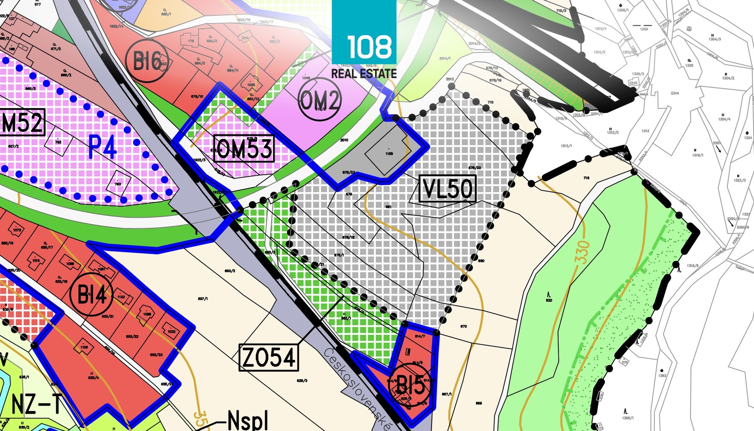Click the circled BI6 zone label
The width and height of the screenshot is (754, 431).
click(147, 61)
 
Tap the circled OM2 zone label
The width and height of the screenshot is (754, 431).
click(319, 99)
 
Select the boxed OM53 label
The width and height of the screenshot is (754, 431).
click(244, 149)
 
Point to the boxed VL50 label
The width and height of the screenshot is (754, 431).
click(447, 189)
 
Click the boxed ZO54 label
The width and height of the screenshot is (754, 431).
click(269, 358)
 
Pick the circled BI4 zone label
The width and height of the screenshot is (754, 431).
click(92, 294)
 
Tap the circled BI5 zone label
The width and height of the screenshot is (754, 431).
click(410, 385)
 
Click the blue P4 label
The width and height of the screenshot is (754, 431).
click(102, 147)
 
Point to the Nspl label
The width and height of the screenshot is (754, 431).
click(248, 421)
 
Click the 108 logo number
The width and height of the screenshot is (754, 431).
click(369, 47)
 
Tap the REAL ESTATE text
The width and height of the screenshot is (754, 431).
click(364, 73)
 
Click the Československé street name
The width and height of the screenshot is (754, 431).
click(357, 389)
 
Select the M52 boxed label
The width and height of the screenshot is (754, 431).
click(22, 122)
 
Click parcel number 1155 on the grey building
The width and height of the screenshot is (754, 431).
click(389, 154)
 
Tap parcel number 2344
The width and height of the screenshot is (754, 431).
click(675, 93)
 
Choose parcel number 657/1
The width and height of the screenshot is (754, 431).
click(203, 299)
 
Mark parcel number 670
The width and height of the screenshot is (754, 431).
click(463, 326)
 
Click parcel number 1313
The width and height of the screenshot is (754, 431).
click(645, 131)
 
